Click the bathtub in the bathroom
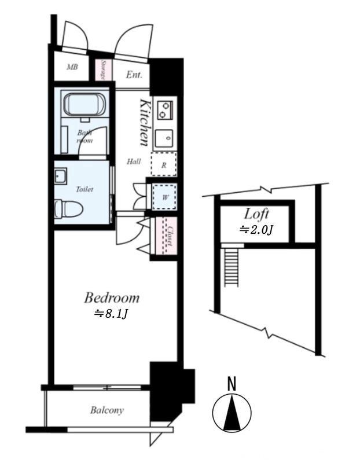(x=85, y=105)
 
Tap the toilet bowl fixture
(x=68, y=209)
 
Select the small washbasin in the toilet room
(x=60, y=176)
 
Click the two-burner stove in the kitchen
(x=165, y=110)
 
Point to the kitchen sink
(x=164, y=138)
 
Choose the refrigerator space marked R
(x=164, y=164)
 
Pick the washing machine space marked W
(x=164, y=197)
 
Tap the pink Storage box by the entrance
(x=104, y=70)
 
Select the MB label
(x=72, y=67)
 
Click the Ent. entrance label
(x=134, y=75)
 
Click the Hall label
(x=134, y=161)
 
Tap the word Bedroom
(x=112, y=297)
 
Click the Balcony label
(x=107, y=410)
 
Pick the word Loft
(x=256, y=214)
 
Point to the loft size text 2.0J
(x=256, y=230)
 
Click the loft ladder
(x=232, y=267)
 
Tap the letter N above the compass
(x=232, y=384)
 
